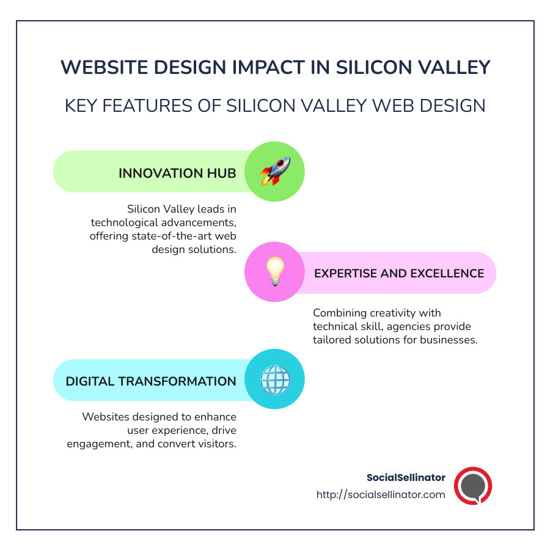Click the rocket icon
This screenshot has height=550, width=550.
pos(274,172)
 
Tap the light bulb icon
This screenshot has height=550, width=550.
pos(274,272)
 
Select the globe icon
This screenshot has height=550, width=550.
pos(274,380)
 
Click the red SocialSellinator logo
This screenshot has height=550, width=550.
pos(473,486)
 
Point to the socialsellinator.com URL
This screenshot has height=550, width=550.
pos(381,494)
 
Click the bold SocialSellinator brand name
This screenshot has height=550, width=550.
pos(406,477)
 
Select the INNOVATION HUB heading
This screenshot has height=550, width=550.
pos(177,173)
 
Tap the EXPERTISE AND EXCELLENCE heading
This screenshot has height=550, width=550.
pos(399,273)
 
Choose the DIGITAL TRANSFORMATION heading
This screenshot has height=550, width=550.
pos(151,381)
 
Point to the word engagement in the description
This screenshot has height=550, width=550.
pos(98,444)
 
